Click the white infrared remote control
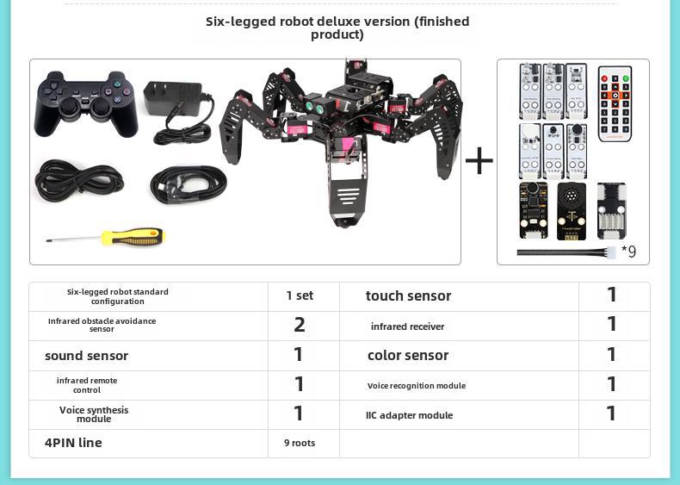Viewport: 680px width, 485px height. (615, 103)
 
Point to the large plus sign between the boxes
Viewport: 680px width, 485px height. (479, 160)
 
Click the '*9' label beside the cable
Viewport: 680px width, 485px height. (628, 252)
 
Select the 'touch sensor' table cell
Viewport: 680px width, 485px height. (408, 295)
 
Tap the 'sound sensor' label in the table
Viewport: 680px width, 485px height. (86, 355)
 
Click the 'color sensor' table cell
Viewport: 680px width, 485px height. (408, 355)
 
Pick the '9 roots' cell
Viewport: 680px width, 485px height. (300, 443)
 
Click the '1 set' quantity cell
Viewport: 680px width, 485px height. (300, 295)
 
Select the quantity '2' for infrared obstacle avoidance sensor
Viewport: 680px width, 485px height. (300, 325)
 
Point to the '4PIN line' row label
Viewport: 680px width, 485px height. (73, 443)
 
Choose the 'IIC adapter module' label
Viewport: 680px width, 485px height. (409, 415)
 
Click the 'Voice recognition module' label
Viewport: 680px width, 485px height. (417, 385)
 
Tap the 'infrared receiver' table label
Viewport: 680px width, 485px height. (408, 326)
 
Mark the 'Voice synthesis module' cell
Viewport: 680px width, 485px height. (94, 414)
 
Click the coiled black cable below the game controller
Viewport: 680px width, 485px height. (79, 183)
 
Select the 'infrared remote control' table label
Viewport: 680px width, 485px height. (87, 385)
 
